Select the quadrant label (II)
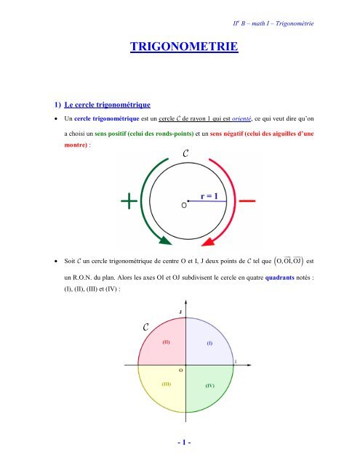click(x=167, y=341)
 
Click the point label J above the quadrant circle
click(x=180, y=312)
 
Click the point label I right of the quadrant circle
click(x=234, y=360)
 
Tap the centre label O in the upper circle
click(x=183, y=205)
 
